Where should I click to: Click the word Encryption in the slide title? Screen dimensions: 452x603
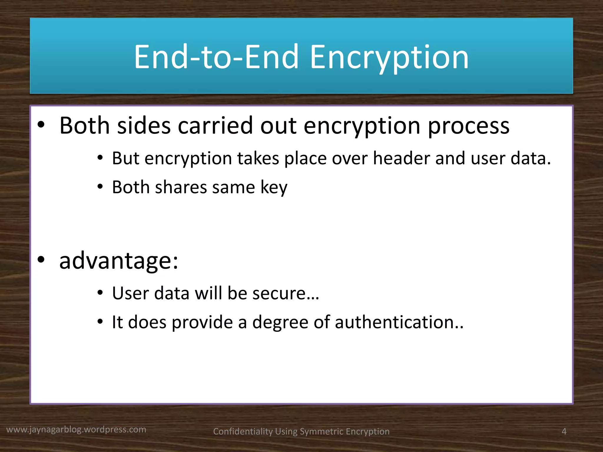pyautogui.click(x=389, y=57)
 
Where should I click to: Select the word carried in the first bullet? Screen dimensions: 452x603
pyautogui.click(x=215, y=126)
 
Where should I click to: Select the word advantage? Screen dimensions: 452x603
pyautogui.click(x=119, y=261)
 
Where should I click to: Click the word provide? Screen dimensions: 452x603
pyautogui.click(x=202, y=323)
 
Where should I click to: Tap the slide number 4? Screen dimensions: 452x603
pyautogui.click(x=564, y=431)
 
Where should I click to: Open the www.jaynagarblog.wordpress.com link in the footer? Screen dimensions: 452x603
pyautogui.click(x=76, y=430)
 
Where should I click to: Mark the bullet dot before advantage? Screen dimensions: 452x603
pyautogui.click(x=41, y=260)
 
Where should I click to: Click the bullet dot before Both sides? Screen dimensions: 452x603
pyautogui.click(x=41, y=125)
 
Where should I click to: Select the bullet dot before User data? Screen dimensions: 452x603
pyautogui.click(x=100, y=293)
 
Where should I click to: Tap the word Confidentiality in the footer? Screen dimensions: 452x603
pyautogui.click(x=243, y=432)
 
